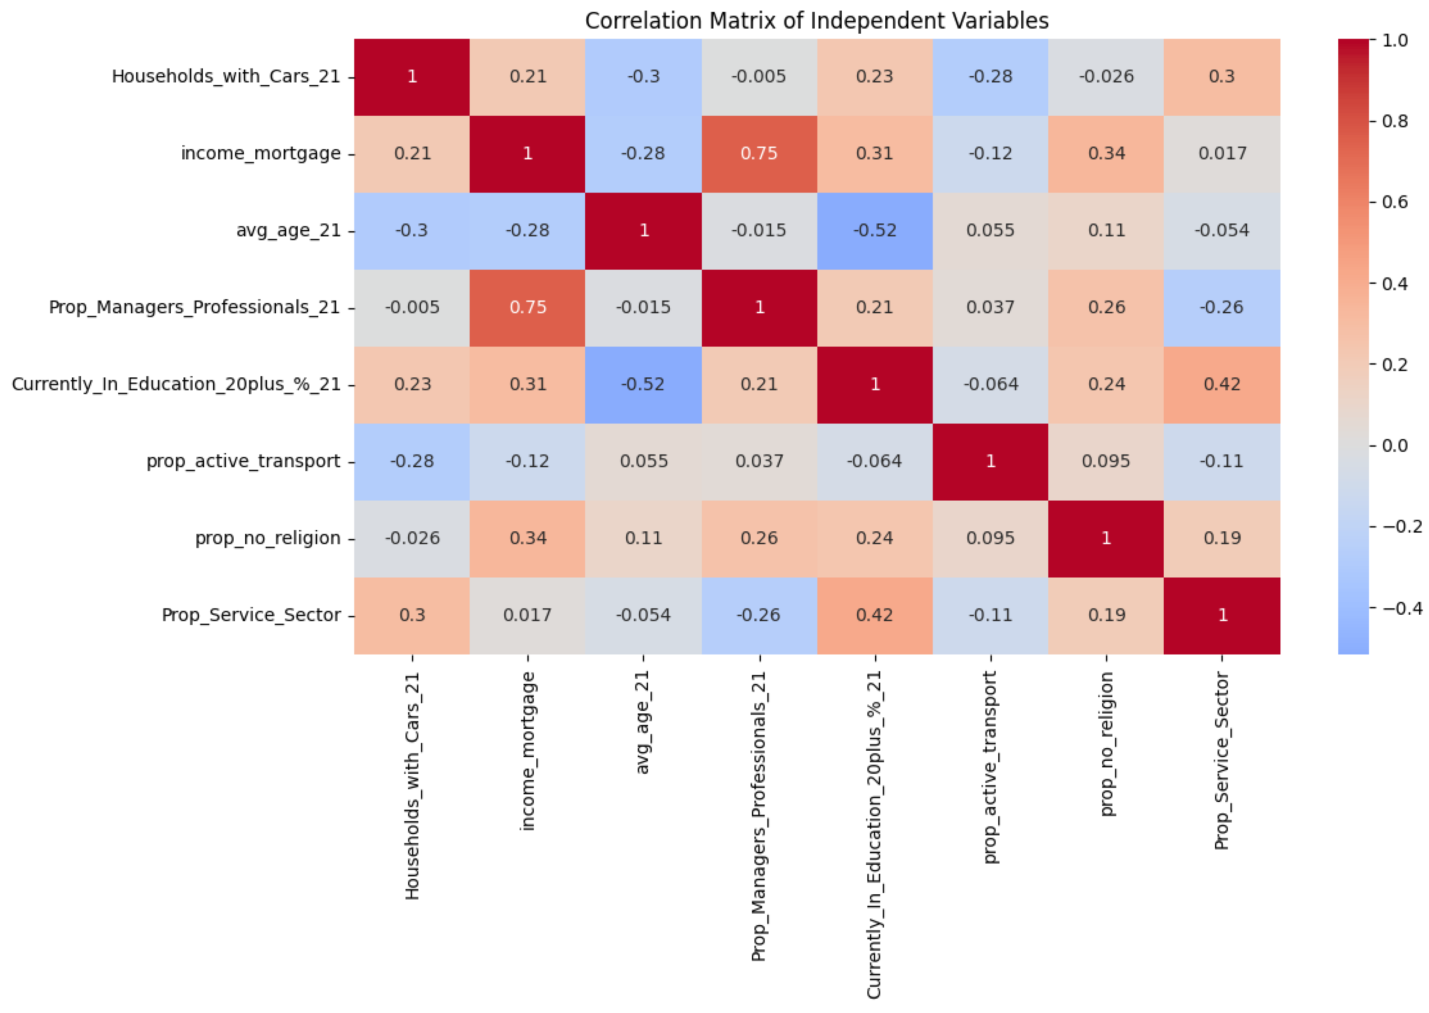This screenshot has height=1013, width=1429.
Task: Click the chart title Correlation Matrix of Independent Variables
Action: (816, 21)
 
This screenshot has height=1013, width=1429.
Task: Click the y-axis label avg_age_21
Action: (288, 231)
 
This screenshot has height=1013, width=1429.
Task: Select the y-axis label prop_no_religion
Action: (268, 538)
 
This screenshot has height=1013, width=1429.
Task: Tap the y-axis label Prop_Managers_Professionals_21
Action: (194, 308)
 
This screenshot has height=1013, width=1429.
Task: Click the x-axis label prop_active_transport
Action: (990, 767)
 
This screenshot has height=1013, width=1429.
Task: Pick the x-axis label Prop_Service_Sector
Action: (1221, 761)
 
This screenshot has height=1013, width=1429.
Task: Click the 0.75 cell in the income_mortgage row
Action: (759, 154)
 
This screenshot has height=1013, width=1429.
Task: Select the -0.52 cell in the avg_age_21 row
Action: (875, 231)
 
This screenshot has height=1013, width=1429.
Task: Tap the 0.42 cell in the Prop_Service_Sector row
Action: (875, 616)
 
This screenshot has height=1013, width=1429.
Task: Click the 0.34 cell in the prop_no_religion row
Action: (528, 538)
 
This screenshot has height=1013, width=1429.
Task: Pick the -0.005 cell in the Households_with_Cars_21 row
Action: (759, 77)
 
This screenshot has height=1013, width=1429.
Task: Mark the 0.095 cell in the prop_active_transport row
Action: (1106, 462)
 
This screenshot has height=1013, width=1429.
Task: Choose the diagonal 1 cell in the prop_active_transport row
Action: (990, 462)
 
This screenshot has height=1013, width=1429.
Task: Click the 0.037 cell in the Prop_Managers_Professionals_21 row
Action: (990, 308)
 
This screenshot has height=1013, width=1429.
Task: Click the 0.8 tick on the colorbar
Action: (1395, 121)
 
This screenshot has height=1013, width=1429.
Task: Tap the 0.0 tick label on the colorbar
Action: (1395, 446)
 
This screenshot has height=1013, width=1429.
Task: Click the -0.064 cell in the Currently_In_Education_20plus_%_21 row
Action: (990, 384)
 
